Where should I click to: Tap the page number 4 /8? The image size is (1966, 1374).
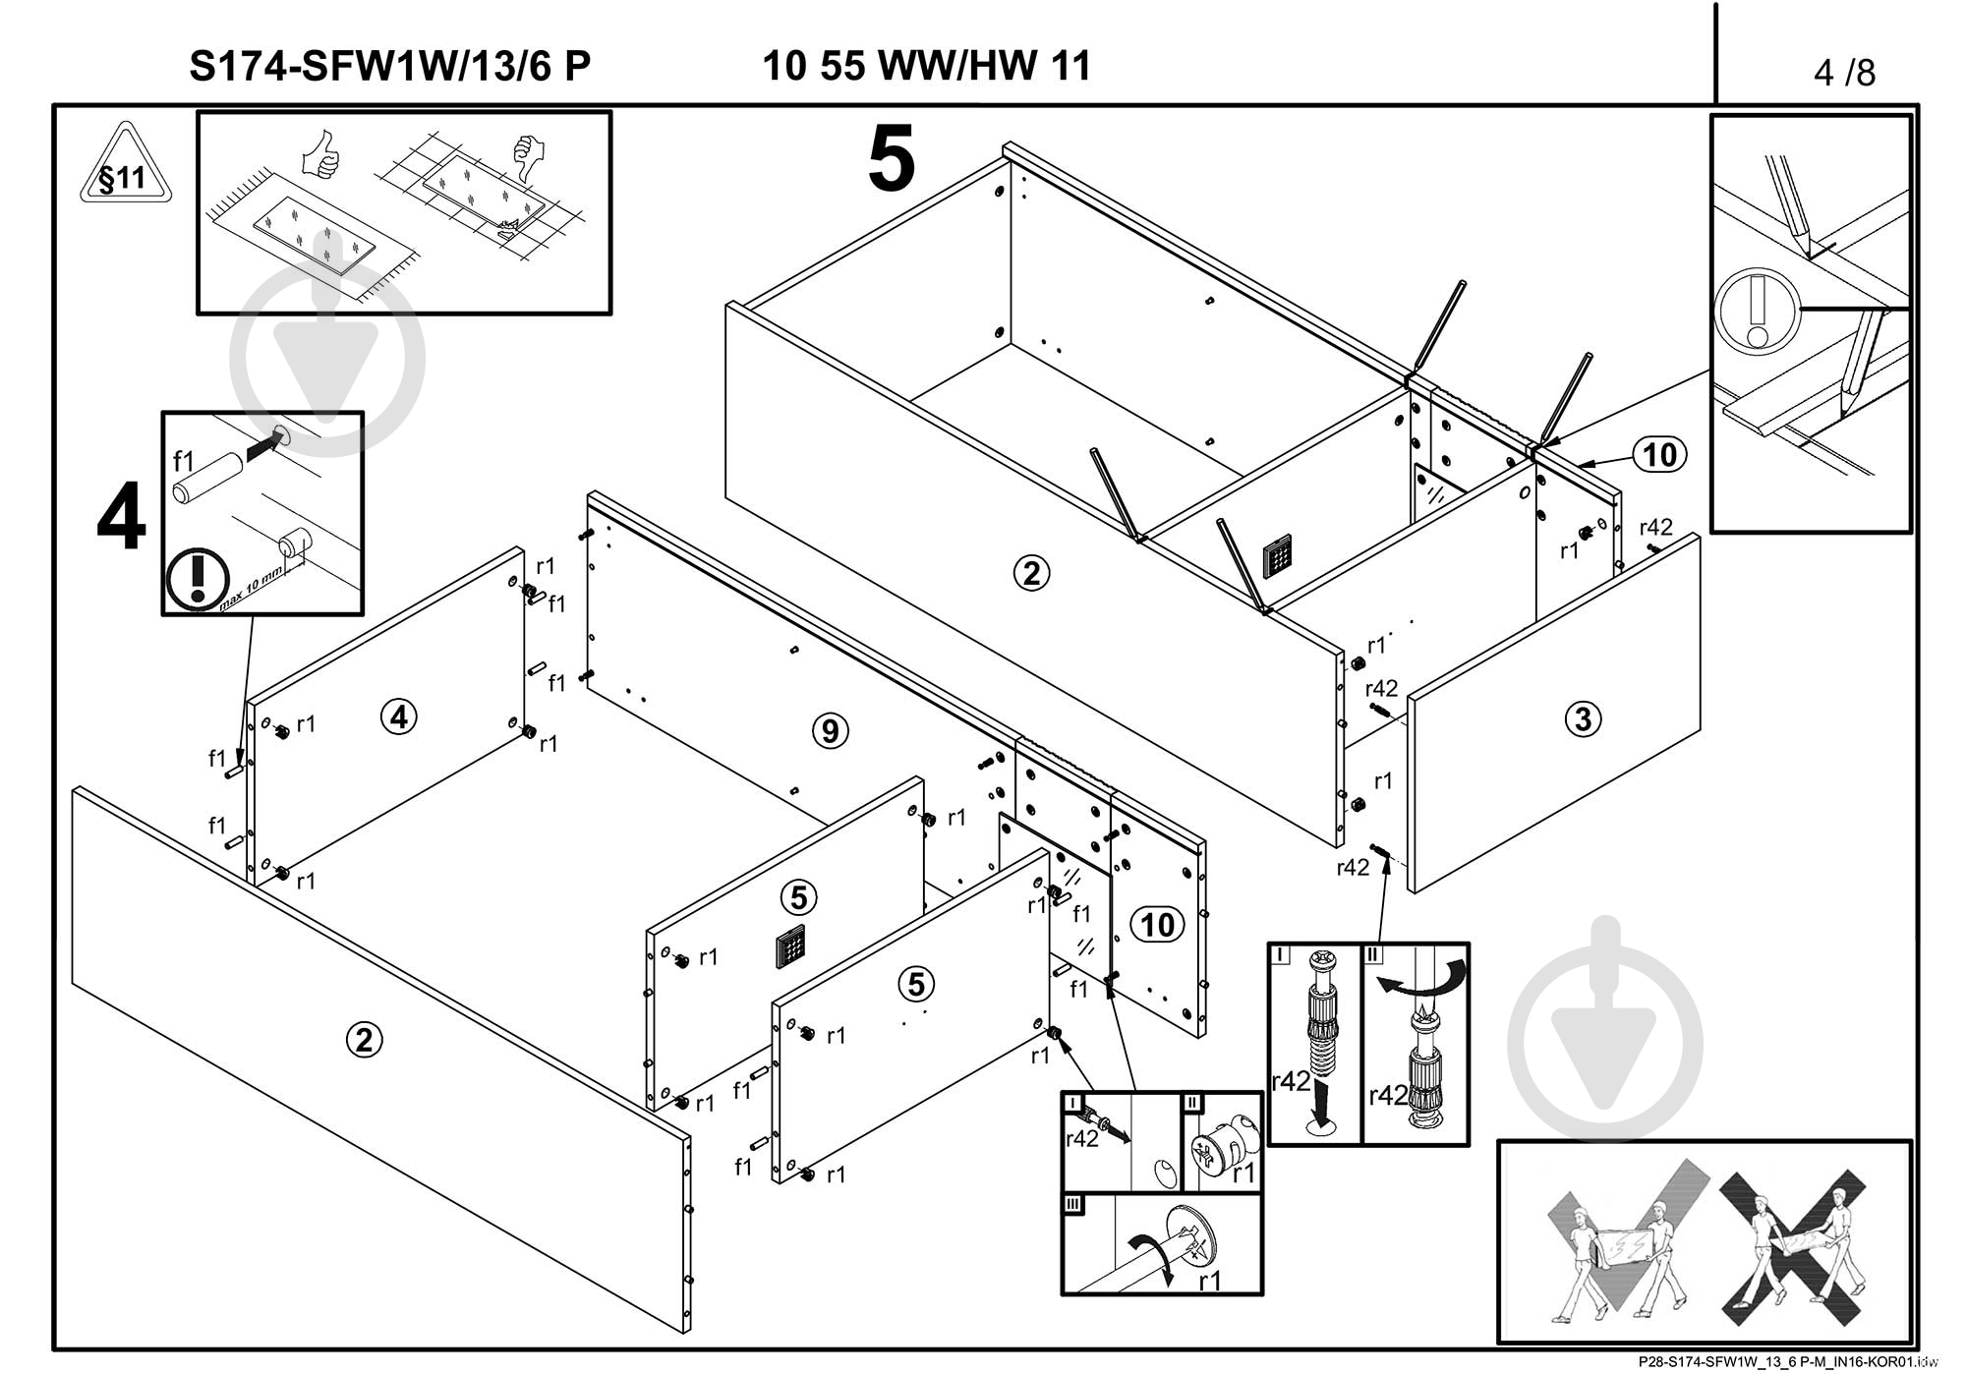(x=1844, y=73)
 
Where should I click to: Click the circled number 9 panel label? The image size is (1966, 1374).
(x=831, y=731)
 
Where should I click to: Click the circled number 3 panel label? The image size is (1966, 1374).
(x=1583, y=719)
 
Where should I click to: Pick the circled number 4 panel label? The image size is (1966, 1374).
(x=398, y=717)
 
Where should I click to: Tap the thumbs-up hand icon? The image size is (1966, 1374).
(x=320, y=156)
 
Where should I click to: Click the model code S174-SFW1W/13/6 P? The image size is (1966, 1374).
(x=389, y=67)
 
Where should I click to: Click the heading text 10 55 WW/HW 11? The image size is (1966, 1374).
(x=926, y=67)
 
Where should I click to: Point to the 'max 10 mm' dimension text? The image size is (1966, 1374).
(x=251, y=589)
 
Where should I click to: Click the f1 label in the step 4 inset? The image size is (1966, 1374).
(x=184, y=461)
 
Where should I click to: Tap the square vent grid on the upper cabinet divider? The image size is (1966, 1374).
(x=1277, y=557)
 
